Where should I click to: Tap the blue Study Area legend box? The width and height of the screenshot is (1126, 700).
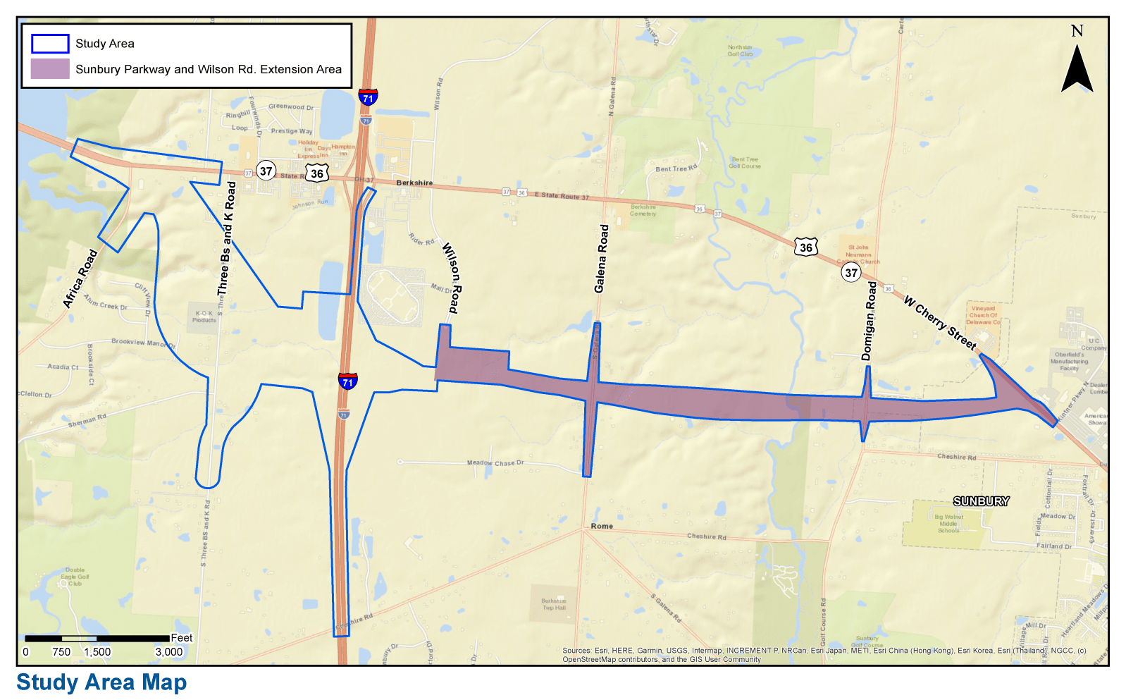[50, 44]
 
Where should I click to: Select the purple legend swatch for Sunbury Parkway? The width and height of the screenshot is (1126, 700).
[50, 69]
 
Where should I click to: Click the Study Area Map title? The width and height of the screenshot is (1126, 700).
[101, 682]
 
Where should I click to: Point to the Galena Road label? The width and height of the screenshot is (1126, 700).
[600, 259]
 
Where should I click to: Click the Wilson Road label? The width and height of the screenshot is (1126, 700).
[451, 278]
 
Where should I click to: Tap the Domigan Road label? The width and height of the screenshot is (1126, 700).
[870, 321]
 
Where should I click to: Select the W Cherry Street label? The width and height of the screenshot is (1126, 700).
[940, 322]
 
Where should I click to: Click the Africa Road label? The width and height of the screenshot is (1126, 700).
[80, 279]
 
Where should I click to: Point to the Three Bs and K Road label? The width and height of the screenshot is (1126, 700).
[226, 238]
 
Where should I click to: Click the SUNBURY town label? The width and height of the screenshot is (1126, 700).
[981, 501]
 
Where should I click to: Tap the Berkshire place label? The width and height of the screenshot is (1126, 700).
[414, 183]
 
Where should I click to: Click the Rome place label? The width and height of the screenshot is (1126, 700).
[602, 526]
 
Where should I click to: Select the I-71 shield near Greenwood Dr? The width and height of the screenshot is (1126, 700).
[368, 97]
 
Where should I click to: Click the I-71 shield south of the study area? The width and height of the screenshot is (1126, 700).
[347, 381]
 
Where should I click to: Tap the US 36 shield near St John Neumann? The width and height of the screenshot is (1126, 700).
[806, 247]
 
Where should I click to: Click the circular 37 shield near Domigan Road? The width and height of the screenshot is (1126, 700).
[851, 273]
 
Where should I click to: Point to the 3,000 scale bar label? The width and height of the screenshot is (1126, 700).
[169, 652]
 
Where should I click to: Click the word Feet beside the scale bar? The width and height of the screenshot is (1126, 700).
[182, 638]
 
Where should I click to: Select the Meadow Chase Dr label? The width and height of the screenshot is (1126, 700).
[495, 463]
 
